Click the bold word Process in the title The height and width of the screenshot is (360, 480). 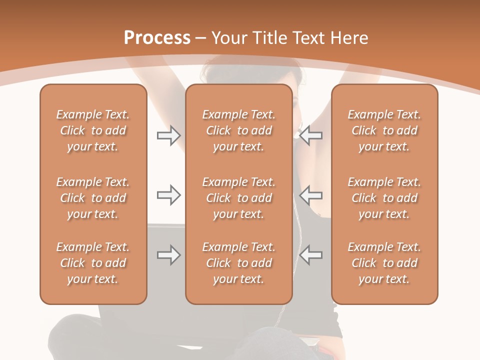click(x=157, y=38)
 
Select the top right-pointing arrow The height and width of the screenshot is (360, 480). click(x=168, y=135)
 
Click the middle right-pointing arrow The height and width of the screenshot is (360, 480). click(x=168, y=195)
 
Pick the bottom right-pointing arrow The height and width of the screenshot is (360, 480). click(x=168, y=255)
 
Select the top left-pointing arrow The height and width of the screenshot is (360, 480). click(x=310, y=135)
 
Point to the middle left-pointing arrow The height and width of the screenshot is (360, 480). click(x=310, y=195)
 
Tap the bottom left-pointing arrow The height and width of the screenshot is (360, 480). click(x=310, y=255)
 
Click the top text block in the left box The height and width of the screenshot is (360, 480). click(x=93, y=130)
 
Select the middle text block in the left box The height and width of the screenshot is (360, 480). click(x=93, y=198)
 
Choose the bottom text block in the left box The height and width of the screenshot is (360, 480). click(x=93, y=263)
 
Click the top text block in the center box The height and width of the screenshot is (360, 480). click(x=238, y=130)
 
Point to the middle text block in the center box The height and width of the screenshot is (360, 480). click(x=238, y=198)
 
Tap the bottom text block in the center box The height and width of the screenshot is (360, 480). click(x=238, y=263)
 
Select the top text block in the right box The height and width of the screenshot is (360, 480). click(x=384, y=130)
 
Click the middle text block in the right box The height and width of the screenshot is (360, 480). click(x=384, y=198)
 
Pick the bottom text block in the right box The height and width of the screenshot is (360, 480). click(x=384, y=263)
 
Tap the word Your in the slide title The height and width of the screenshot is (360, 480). click(x=228, y=38)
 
